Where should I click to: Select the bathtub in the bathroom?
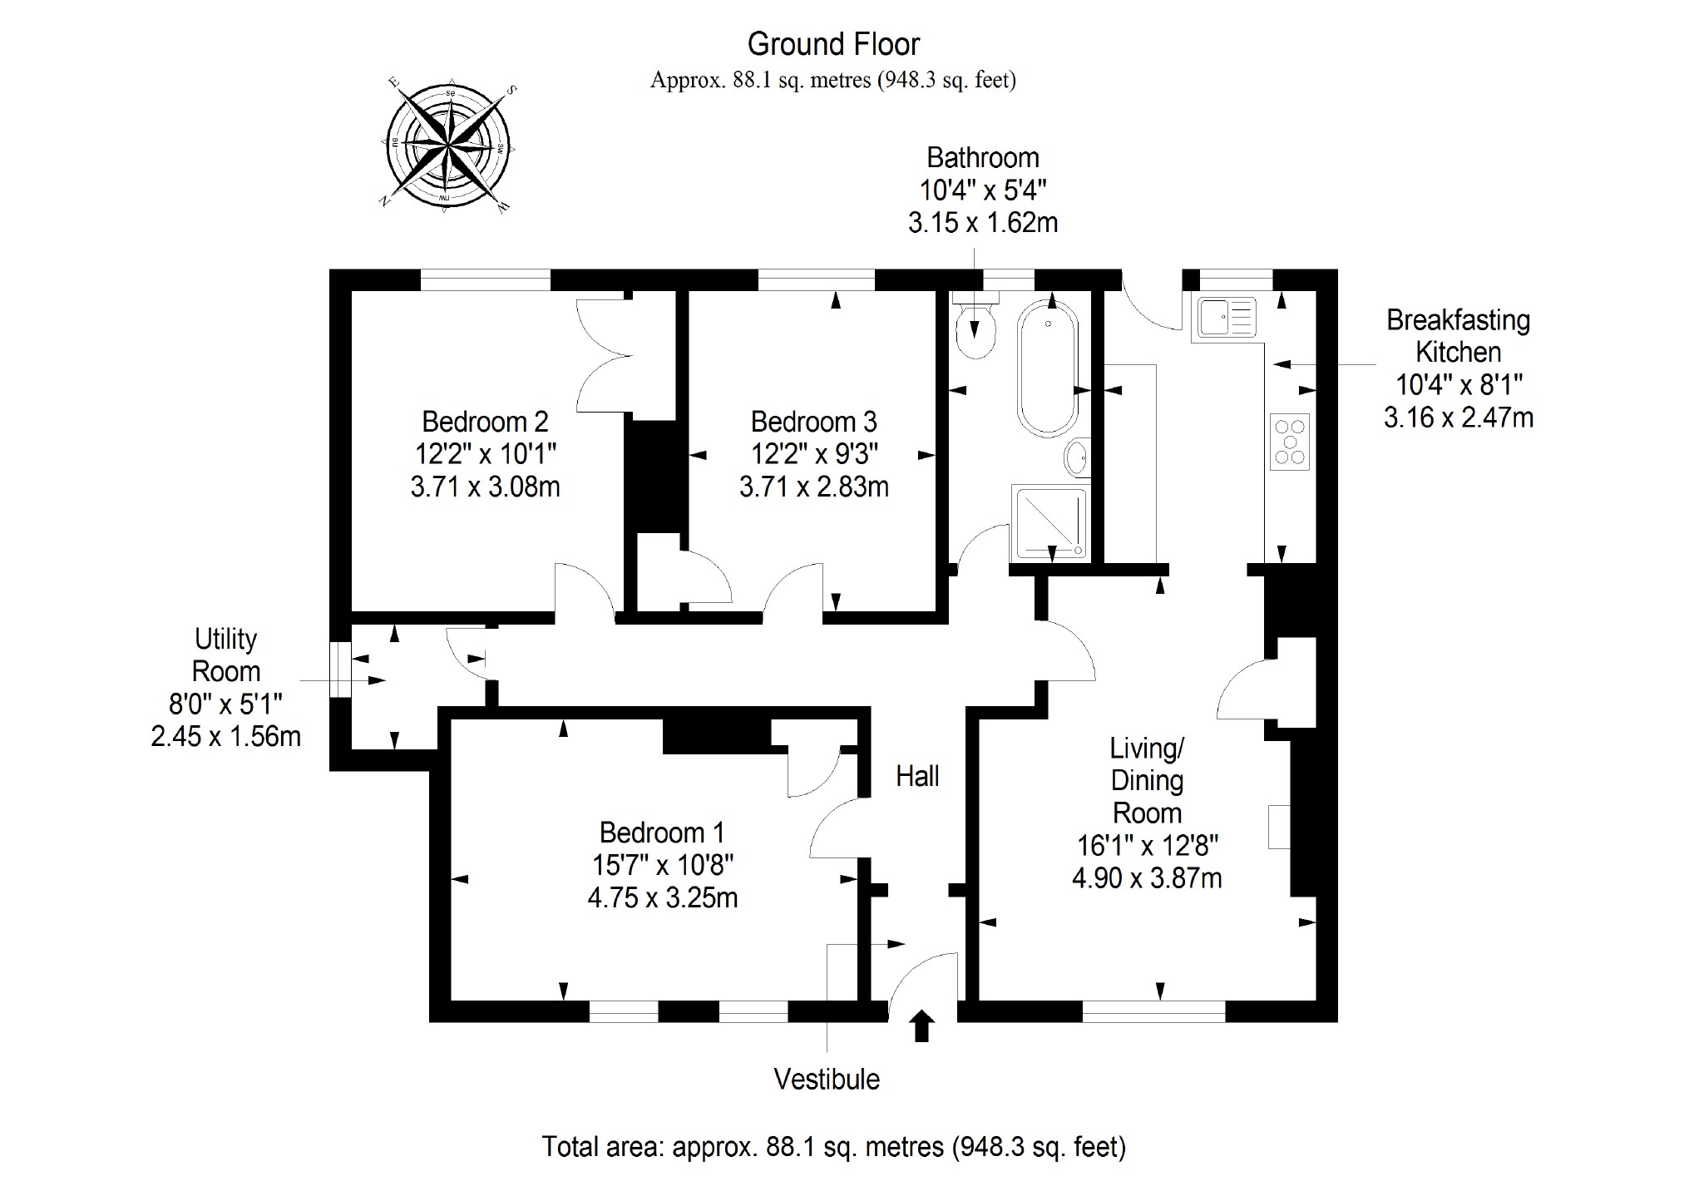coord(1048,368)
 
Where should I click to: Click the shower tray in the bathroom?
coord(1049,523)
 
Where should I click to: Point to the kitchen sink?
coord(1227,317)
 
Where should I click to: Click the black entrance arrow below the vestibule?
coord(922,1026)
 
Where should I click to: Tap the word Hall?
coord(917,776)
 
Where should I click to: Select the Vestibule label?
coord(827,1079)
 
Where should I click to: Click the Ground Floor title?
coord(833,43)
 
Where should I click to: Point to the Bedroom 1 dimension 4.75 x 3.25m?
coord(663,897)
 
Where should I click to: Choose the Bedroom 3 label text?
coord(813,422)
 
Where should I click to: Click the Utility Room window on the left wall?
coord(340,670)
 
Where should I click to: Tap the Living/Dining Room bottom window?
coord(1153,1011)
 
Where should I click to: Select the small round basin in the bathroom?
coord(1078,457)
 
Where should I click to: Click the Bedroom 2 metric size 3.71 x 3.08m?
coord(485,487)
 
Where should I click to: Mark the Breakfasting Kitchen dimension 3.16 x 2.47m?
coord(1459,417)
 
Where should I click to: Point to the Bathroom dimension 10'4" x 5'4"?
coord(983,190)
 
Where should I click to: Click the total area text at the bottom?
coord(833,1147)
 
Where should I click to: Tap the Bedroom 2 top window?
coord(485,279)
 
